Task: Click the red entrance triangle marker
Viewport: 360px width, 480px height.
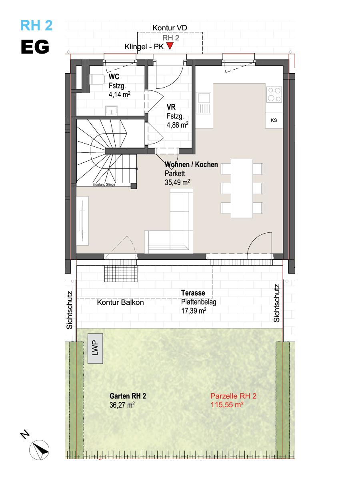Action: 170,46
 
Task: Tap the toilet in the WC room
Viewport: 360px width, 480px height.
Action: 97,79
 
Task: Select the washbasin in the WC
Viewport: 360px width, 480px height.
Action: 112,111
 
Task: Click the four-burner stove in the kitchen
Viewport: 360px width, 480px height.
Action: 274,94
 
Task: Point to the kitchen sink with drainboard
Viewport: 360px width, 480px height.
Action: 203,103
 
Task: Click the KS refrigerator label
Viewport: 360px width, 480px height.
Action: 274,120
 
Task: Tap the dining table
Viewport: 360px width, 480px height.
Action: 242,188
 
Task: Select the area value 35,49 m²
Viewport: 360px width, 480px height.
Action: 177,182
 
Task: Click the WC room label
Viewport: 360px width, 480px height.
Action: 114,77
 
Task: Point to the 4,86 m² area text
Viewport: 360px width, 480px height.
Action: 177,125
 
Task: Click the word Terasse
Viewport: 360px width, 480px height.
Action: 193,293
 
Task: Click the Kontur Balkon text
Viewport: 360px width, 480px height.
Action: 120,302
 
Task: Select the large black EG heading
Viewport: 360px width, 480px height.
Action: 35,46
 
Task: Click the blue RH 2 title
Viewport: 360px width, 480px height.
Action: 36,25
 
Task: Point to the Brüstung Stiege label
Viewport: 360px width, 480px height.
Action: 104,184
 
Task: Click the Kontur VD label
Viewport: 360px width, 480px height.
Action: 170,28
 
